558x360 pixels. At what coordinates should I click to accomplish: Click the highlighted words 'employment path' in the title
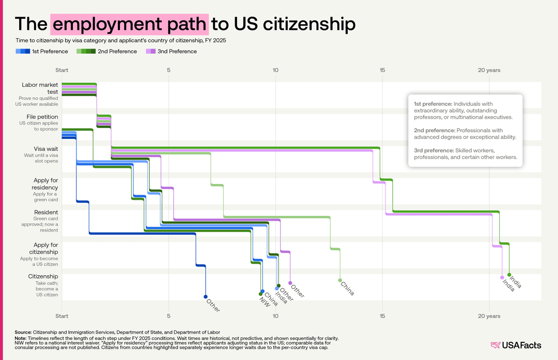coord(130,24)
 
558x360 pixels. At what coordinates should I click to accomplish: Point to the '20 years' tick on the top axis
coord(488,70)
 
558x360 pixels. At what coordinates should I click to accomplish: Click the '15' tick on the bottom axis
coord(382,315)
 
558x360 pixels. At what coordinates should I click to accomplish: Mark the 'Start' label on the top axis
coord(62,70)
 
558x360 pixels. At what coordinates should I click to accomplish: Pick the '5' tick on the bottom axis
coord(169,315)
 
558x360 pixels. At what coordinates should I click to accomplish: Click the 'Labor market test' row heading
coord(40,88)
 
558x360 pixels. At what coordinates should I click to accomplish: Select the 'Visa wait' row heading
coord(46,149)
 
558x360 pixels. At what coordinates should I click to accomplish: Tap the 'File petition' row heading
coord(39,117)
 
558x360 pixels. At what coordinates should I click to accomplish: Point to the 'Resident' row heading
coord(46,212)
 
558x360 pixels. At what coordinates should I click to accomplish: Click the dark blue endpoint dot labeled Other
coord(206,296)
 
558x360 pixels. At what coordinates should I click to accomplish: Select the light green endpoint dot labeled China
coord(340,280)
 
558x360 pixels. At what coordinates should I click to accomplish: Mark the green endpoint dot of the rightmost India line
coord(509,275)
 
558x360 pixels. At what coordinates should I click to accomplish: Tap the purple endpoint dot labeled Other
coord(290,283)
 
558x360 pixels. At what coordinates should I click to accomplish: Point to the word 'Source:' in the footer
coord(23,332)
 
